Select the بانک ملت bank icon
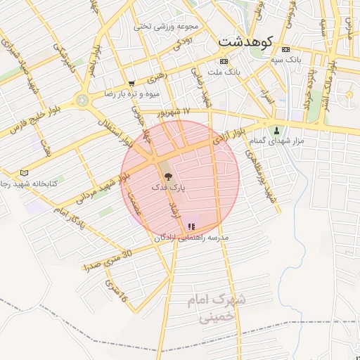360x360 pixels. pyautogui.click(x=223, y=61)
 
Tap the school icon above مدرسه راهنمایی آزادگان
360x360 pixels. pyautogui.click(x=191, y=226)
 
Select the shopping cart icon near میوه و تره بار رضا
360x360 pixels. pyautogui.click(x=131, y=83)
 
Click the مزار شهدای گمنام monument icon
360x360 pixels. pyautogui.click(x=276, y=130)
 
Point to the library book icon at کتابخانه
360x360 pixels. pyautogui.click(x=25, y=173)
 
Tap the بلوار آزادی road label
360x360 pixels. pyautogui.click(x=229, y=136)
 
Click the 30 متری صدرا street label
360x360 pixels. pyautogui.click(x=106, y=261)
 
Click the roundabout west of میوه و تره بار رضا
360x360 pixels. pyautogui.click(x=83, y=101)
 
